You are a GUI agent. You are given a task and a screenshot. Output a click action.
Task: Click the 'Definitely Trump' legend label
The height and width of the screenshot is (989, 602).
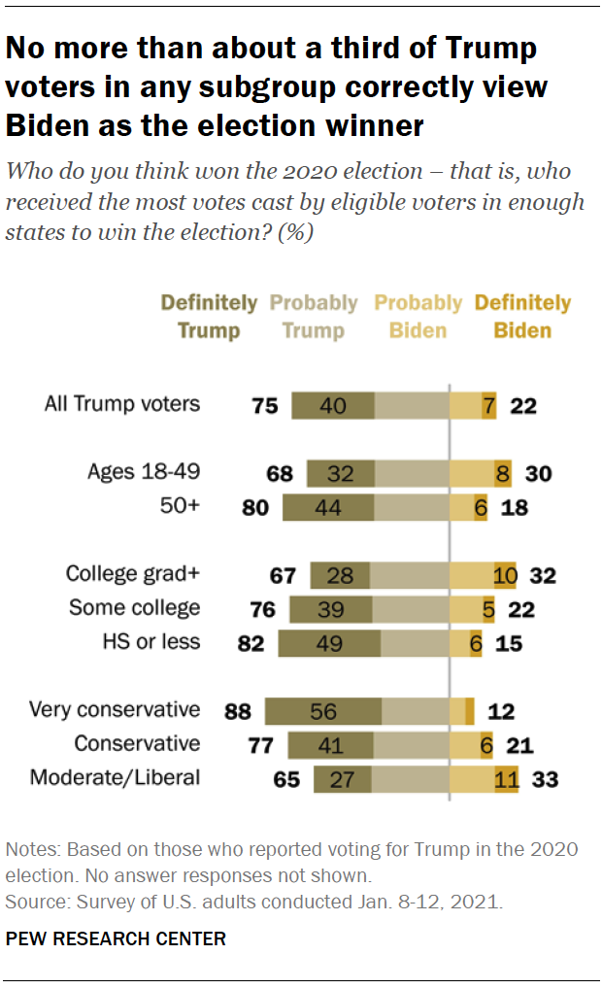coord(209,317)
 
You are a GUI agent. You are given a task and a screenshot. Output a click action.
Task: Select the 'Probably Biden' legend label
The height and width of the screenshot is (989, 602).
coord(418,317)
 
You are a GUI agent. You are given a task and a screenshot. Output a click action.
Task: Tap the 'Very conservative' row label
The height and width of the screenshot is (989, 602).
coord(115,709)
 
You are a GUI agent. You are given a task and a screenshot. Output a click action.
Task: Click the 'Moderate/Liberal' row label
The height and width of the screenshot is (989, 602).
coord(115,777)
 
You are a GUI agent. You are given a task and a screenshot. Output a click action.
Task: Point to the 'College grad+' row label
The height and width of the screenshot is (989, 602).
coord(132,573)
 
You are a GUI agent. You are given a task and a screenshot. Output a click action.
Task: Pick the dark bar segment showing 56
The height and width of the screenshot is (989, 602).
coord(322,711)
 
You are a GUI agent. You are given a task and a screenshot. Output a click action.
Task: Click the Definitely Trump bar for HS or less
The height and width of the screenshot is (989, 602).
coord(329,642)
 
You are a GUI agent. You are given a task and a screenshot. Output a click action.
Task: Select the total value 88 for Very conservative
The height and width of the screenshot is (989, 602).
coord(238,711)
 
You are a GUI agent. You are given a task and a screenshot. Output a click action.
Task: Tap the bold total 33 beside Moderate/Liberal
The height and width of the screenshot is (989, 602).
coord(545,779)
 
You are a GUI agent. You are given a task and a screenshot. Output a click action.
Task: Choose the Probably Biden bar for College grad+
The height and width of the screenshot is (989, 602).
coord(471,575)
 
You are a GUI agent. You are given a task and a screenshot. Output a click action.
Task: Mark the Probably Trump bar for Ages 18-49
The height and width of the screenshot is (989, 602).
coord(411,473)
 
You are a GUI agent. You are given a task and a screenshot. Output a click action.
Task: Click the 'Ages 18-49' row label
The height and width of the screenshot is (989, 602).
coord(144,472)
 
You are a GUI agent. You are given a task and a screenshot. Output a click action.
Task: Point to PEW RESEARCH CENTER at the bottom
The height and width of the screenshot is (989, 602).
coord(116,938)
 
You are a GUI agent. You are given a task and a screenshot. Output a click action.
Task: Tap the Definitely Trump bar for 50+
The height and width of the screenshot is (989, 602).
coord(328,507)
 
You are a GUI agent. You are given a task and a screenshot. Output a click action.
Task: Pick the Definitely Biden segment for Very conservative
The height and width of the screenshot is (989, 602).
coord(470,711)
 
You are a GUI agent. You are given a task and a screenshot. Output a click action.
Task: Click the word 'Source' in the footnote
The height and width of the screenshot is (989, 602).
coord(30,902)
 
